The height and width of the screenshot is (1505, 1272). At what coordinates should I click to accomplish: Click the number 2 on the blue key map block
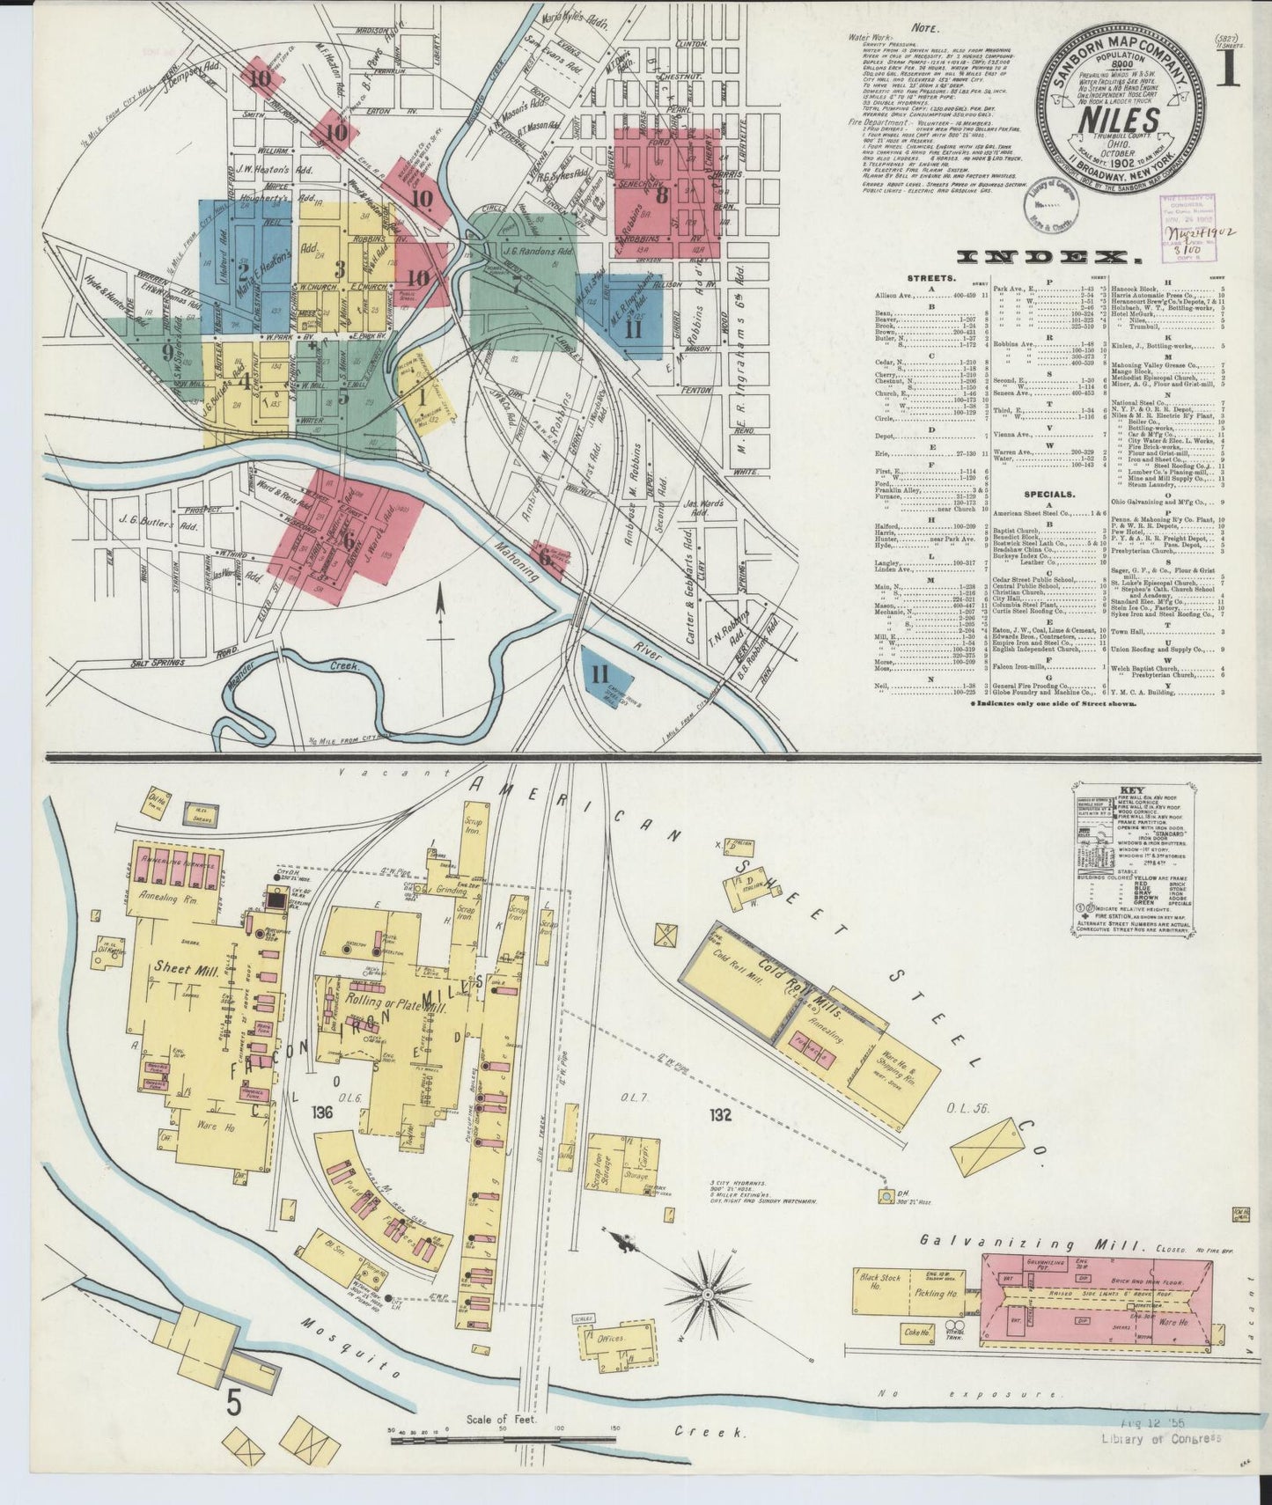pos(243,272)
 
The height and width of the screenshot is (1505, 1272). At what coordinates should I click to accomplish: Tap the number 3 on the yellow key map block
pos(339,269)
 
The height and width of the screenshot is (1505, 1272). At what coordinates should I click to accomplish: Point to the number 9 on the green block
pos(168,353)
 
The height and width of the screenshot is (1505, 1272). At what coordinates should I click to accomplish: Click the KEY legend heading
pos(1107,791)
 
